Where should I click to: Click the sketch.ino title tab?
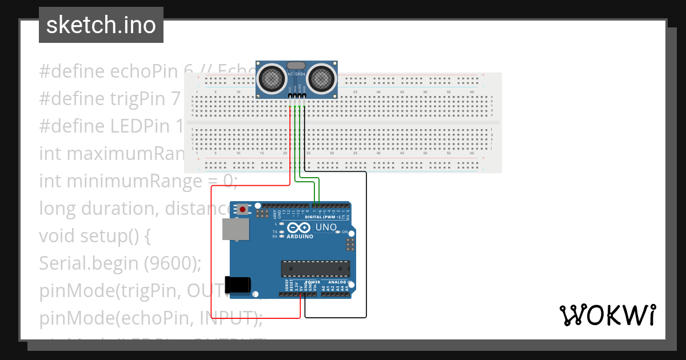(101, 25)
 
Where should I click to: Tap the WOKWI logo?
(607, 315)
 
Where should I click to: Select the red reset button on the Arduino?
(243, 210)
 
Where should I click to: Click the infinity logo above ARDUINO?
(300, 228)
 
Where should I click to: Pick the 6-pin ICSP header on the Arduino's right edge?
(349, 245)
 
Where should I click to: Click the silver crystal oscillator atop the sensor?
(297, 66)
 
